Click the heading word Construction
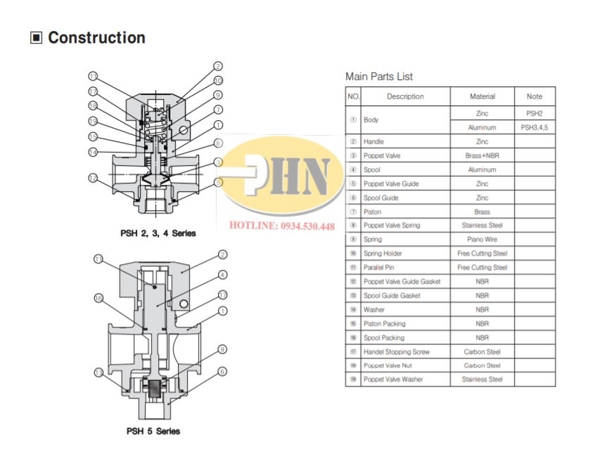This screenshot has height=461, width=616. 96,38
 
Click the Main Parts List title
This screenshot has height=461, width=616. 379,77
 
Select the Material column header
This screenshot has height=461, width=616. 482,96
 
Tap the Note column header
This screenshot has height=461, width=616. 534,96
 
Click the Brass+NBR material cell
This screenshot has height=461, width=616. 482,155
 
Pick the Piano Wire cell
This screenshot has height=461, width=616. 482,240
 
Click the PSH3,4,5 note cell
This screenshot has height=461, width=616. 534,127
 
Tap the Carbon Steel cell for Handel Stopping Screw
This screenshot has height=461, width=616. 482,351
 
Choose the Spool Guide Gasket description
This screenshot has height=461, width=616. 392,296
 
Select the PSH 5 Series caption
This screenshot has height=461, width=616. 153,431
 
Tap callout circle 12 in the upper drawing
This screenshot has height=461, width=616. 93,178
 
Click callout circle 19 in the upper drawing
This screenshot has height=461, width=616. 93,122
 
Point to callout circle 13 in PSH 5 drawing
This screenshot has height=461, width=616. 99,372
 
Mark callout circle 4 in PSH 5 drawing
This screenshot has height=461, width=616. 222,275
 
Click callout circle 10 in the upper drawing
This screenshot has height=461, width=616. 219,80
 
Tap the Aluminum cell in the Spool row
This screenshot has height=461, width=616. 482,169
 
